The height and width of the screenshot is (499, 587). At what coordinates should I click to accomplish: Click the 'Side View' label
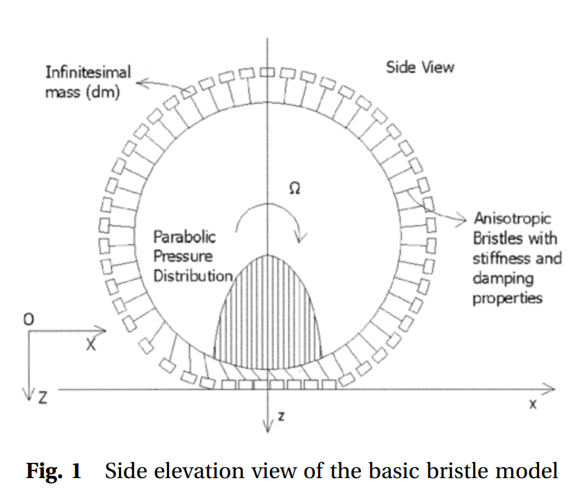[x=419, y=68]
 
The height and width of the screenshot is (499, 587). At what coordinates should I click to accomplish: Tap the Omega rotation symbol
[x=295, y=189]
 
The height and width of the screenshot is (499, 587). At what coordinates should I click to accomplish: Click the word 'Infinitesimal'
[x=88, y=72]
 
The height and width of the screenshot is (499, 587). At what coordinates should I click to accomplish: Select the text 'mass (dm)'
[x=82, y=92]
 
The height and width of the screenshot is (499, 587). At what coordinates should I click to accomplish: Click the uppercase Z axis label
[x=42, y=399]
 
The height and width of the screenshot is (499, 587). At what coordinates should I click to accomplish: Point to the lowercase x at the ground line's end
[x=533, y=404]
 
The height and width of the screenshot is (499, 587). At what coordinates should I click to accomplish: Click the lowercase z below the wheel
[x=281, y=416]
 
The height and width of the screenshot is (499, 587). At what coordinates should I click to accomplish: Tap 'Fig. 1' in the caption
[x=54, y=472]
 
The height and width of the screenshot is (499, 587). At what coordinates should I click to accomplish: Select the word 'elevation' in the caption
[x=184, y=472]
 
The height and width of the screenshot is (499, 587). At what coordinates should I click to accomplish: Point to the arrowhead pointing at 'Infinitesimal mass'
[x=140, y=84]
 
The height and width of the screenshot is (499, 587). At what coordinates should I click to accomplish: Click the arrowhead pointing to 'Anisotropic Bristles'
[x=464, y=219]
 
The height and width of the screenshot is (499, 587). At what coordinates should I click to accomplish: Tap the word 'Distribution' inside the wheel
[x=193, y=276]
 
